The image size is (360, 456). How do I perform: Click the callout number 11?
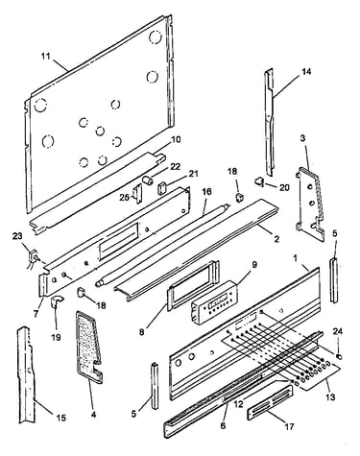pyautogui.click(x=46, y=57)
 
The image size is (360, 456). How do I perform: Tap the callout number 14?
pyautogui.click(x=306, y=72)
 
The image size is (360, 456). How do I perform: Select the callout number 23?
pyautogui.click(x=17, y=236)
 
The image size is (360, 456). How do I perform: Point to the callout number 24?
pyautogui.click(x=338, y=331)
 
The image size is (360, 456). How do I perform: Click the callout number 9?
pyautogui.click(x=254, y=265)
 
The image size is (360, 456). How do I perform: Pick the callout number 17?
pyautogui.click(x=289, y=426)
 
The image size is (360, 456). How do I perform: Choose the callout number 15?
pyautogui.click(x=61, y=418)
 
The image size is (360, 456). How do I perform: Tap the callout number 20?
pyautogui.click(x=284, y=187)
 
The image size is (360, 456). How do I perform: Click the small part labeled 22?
pyautogui.click(x=148, y=180)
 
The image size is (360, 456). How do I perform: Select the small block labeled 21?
pyautogui.click(x=162, y=187)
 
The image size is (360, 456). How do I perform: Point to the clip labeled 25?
pyautogui.click(x=137, y=194)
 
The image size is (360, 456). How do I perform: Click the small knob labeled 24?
pyautogui.click(x=340, y=356)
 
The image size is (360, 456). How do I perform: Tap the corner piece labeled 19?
pyautogui.click(x=57, y=301)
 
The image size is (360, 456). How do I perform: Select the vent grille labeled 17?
pyautogui.click(x=270, y=403)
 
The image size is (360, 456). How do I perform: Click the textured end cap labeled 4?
pyautogui.click(x=88, y=348)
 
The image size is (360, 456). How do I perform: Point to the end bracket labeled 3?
pyautogui.click(x=309, y=204)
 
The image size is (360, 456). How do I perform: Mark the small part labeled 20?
pyautogui.click(x=259, y=182)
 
